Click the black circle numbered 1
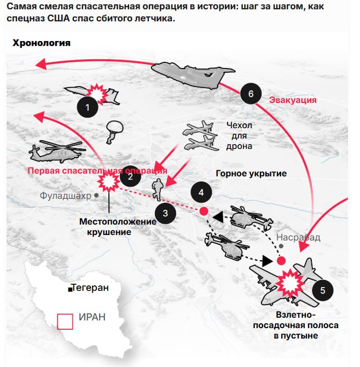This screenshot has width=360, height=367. (88, 106)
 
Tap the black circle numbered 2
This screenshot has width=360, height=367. (130, 176)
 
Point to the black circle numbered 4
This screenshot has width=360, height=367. (201, 192)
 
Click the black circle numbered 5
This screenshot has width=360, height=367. (322, 290)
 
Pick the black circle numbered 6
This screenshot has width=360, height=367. (251, 94)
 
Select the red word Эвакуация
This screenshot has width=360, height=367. (293, 100)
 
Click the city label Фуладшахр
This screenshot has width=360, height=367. (65, 195)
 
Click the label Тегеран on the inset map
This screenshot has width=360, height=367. (89, 288)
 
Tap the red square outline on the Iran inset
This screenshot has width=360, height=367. (65, 320)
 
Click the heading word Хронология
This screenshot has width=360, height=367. (42, 43)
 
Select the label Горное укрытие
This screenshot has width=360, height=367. (251, 174)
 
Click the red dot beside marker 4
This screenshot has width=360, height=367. (204, 211)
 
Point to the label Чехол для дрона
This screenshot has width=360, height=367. (239, 135)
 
